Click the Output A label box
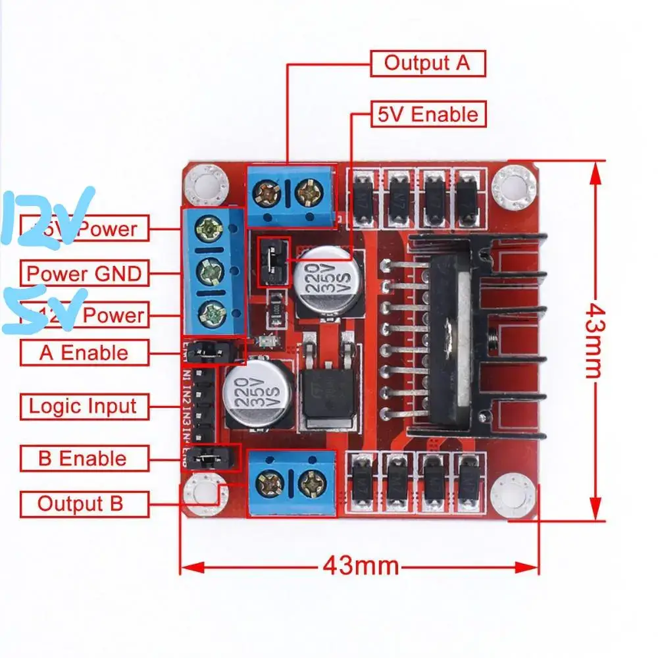point(428,64)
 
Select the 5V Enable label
point(428,114)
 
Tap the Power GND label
point(84,272)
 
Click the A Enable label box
point(84,353)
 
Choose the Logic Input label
point(83,406)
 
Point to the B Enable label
point(83,458)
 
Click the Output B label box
point(80,504)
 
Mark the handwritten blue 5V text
point(43,309)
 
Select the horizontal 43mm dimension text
point(361,565)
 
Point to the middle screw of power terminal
point(209,270)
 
